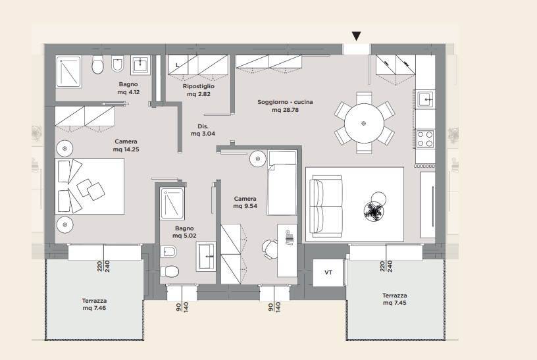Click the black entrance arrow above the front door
tap(356, 36)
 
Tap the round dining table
tap(364, 123)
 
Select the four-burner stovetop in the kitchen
tap(424, 139)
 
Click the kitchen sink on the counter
tap(425, 99)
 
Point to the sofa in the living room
tap(326, 206)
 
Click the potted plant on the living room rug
tap(373, 211)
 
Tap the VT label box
tap(328, 272)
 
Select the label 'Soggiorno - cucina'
tap(285, 102)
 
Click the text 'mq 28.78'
tap(285, 110)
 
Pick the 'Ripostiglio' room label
tap(199, 86)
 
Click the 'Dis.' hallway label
tap(203, 126)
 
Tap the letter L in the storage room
tap(178, 65)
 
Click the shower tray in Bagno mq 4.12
tap(68, 72)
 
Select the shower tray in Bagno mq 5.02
tap(172, 204)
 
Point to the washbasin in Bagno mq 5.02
tap(206, 256)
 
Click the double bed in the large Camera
tap(89, 186)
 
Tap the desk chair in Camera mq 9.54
tap(270, 249)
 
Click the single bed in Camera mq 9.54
tap(282, 182)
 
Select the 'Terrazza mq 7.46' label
tap(94, 304)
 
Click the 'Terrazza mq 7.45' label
tap(395, 299)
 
